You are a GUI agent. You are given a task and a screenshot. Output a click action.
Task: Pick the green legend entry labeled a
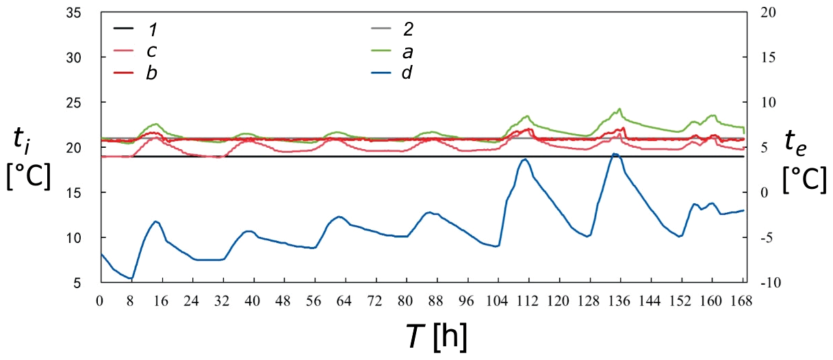[408, 50]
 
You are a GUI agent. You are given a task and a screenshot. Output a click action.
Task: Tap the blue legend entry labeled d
[408, 72]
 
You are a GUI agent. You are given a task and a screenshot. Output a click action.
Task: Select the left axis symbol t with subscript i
[23, 141]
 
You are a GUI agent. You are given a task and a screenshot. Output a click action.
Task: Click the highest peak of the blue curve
[615, 154]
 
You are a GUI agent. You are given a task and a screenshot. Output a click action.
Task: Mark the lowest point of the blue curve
[131, 279]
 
